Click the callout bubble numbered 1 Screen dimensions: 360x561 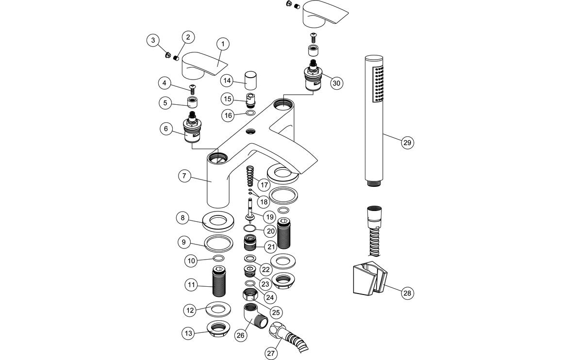pyautogui.click(x=223, y=44)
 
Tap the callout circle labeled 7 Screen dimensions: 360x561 pyautogui.click(x=183, y=176)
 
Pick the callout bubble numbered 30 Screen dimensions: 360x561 pyautogui.click(x=336, y=83)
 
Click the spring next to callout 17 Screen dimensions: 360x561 pyautogui.click(x=249, y=176)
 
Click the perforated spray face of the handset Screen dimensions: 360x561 pyautogui.click(x=377, y=84)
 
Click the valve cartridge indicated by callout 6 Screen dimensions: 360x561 pyautogui.click(x=194, y=130)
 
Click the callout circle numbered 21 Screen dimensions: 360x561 pyautogui.click(x=271, y=247)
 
